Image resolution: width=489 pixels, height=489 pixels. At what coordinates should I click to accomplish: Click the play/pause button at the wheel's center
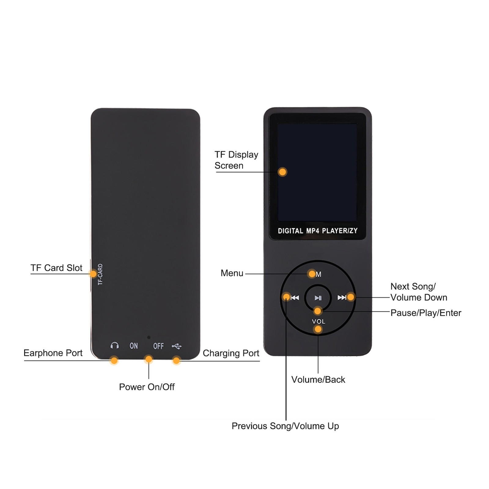click(318, 298)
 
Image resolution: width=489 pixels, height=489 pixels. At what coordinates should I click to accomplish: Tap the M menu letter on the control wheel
click(318, 274)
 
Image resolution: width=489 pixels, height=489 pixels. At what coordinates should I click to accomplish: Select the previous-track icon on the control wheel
click(295, 297)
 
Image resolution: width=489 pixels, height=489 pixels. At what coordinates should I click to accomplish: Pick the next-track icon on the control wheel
click(342, 297)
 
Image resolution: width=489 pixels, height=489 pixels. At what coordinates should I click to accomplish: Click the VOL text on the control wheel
click(318, 321)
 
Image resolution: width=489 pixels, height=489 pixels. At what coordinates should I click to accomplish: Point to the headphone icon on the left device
click(115, 345)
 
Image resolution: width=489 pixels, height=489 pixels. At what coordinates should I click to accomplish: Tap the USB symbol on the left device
click(177, 346)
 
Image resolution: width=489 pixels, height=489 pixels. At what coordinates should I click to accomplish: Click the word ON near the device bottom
click(134, 346)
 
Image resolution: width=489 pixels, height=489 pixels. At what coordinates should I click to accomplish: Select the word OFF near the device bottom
click(158, 346)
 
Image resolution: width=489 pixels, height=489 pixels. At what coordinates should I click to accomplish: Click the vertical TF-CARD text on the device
click(100, 274)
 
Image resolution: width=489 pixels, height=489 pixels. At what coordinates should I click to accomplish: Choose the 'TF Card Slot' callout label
click(57, 268)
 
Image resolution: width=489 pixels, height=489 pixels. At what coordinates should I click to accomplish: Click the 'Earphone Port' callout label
click(53, 353)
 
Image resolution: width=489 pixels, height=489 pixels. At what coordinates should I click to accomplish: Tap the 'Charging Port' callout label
click(231, 353)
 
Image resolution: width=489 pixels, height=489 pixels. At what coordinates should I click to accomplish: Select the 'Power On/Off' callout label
click(147, 387)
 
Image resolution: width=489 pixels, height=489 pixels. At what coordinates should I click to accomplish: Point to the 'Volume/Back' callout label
click(318, 380)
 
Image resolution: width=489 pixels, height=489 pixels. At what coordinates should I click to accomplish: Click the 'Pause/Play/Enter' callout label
click(426, 313)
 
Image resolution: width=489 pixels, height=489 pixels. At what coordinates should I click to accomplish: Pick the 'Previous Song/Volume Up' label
click(285, 426)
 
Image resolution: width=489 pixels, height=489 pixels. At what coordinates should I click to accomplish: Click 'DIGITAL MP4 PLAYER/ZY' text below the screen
click(318, 231)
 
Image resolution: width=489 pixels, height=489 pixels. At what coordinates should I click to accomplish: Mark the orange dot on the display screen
click(282, 172)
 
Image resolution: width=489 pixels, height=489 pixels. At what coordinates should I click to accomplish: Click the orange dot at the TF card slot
click(93, 274)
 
